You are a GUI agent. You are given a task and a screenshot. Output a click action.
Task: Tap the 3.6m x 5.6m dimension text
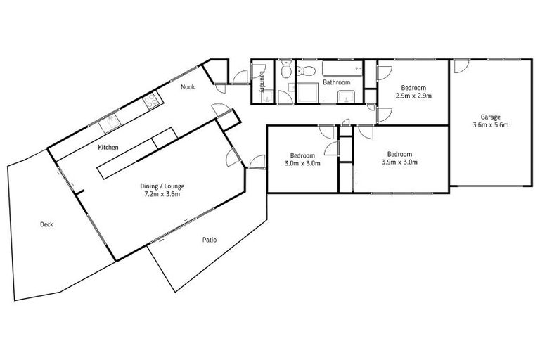491,124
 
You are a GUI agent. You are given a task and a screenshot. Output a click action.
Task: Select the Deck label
46,224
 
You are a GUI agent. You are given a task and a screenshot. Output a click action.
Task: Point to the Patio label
210,240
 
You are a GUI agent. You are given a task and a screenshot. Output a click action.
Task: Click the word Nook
188,87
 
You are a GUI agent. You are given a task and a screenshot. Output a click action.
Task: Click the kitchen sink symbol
111,124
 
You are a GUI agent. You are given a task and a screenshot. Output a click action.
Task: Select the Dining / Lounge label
162,186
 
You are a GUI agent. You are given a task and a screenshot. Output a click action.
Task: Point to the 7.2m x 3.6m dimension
162,195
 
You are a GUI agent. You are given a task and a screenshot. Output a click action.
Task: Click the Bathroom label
336,82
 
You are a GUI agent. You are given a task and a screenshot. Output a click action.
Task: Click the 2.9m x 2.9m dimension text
413,95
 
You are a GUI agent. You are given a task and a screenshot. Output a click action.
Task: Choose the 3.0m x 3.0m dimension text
303,163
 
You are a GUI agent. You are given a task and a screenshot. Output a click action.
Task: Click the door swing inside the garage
461,66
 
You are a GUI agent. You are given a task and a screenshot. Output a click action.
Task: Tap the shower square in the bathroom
307,92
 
